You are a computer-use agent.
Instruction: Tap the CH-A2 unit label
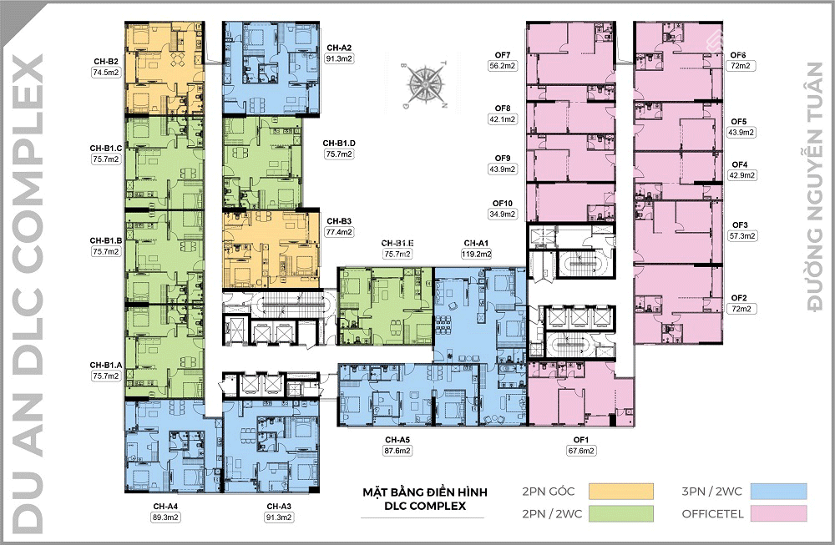tap(339, 48)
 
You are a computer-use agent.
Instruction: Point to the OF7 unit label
tap(502, 55)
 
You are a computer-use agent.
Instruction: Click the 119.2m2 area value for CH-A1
tap(477, 254)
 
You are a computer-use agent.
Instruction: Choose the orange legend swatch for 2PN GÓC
tap(621, 490)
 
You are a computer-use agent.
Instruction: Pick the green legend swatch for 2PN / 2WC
tap(621, 513)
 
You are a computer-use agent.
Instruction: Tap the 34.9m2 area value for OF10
tap(502, 214)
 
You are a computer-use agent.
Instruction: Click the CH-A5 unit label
tap(397, 439)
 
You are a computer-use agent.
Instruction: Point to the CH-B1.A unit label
tap(107, 365)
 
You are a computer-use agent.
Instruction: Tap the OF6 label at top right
tap(739, 53)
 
